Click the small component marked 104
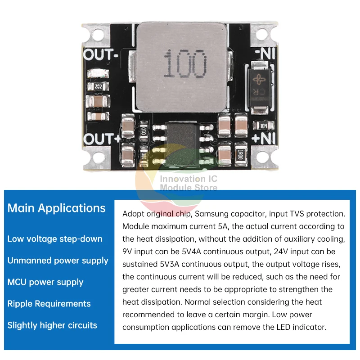coord(261,126)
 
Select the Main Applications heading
coord(57,208)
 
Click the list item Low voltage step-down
coord(55,239)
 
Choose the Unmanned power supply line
coord(58,261)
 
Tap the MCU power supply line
coord(45,282)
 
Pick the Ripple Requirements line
coord(49,304)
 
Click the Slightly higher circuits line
coord(52,325)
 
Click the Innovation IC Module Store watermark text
coord(189,183)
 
